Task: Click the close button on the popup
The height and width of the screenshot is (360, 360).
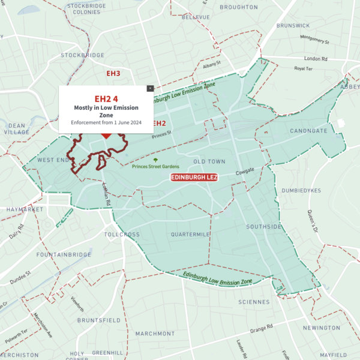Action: pyautogui.click(x=150, y=88)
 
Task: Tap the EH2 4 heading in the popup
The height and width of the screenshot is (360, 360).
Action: pyautogui.click(x=106, y=98)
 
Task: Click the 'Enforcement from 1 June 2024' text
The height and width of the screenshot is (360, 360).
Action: pyautogui.click(x=106, y=122)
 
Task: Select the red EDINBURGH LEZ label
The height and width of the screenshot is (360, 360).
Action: pyautogui.click(x=194, y=178)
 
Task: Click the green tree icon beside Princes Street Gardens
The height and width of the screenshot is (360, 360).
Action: pyautogui.click(x=155, y=161)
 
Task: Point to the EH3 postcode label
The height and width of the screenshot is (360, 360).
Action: pyautogui.click(x=113, y=73)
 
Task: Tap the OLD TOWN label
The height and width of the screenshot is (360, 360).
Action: pyautogui.click(x=209, y=162)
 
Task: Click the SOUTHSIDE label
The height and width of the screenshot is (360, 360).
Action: pyautogui.click(x=263, y=227)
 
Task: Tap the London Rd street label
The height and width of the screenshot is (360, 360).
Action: pyautogui.click(x=316, y=59)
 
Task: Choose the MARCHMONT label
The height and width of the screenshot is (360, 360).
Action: pyautogui.click(x=155, y=334)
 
